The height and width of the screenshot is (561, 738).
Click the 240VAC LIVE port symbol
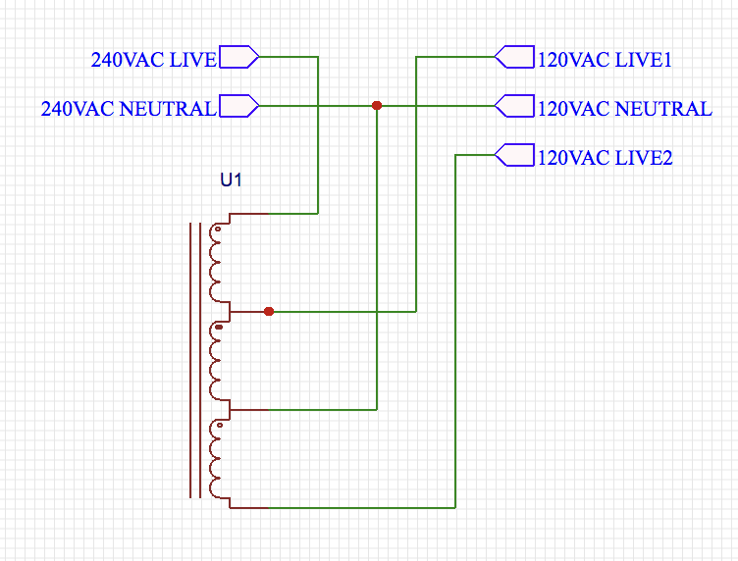(x=239, y=57)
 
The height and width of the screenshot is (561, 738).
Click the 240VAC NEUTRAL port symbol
(x=239, y=106)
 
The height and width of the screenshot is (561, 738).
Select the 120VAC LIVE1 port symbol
(x=514, y=57)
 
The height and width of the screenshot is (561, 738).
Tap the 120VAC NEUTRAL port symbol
(x=514, y=106)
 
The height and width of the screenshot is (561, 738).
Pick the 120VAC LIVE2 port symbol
(x=514, y=155)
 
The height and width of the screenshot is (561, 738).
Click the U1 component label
(x=231, y=179)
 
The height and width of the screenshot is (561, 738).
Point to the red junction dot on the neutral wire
(x=377, y=106)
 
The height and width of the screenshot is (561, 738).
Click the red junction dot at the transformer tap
(x=269, y=311)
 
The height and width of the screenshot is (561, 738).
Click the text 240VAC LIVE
(x=153, y=60)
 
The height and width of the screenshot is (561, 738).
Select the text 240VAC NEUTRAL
(x=129, y=109)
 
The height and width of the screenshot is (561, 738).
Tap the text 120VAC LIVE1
(x=605, y=60)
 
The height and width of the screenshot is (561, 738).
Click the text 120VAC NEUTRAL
(x=624, y=109)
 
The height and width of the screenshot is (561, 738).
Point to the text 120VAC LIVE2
(x=605, y=158)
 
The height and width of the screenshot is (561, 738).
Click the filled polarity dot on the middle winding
(x=219, y=327)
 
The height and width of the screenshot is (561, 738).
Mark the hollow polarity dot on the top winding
(x=218, y=229)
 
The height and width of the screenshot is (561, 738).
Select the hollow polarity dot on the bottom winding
(x=219, y=425)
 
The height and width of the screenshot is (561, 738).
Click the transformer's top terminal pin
(x=249, y=214)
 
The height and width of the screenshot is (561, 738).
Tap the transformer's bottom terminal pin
(x=249, y=508)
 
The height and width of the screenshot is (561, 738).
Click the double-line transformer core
(x=195, y=360)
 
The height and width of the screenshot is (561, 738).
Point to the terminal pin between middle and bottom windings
(x=249, y=410)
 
